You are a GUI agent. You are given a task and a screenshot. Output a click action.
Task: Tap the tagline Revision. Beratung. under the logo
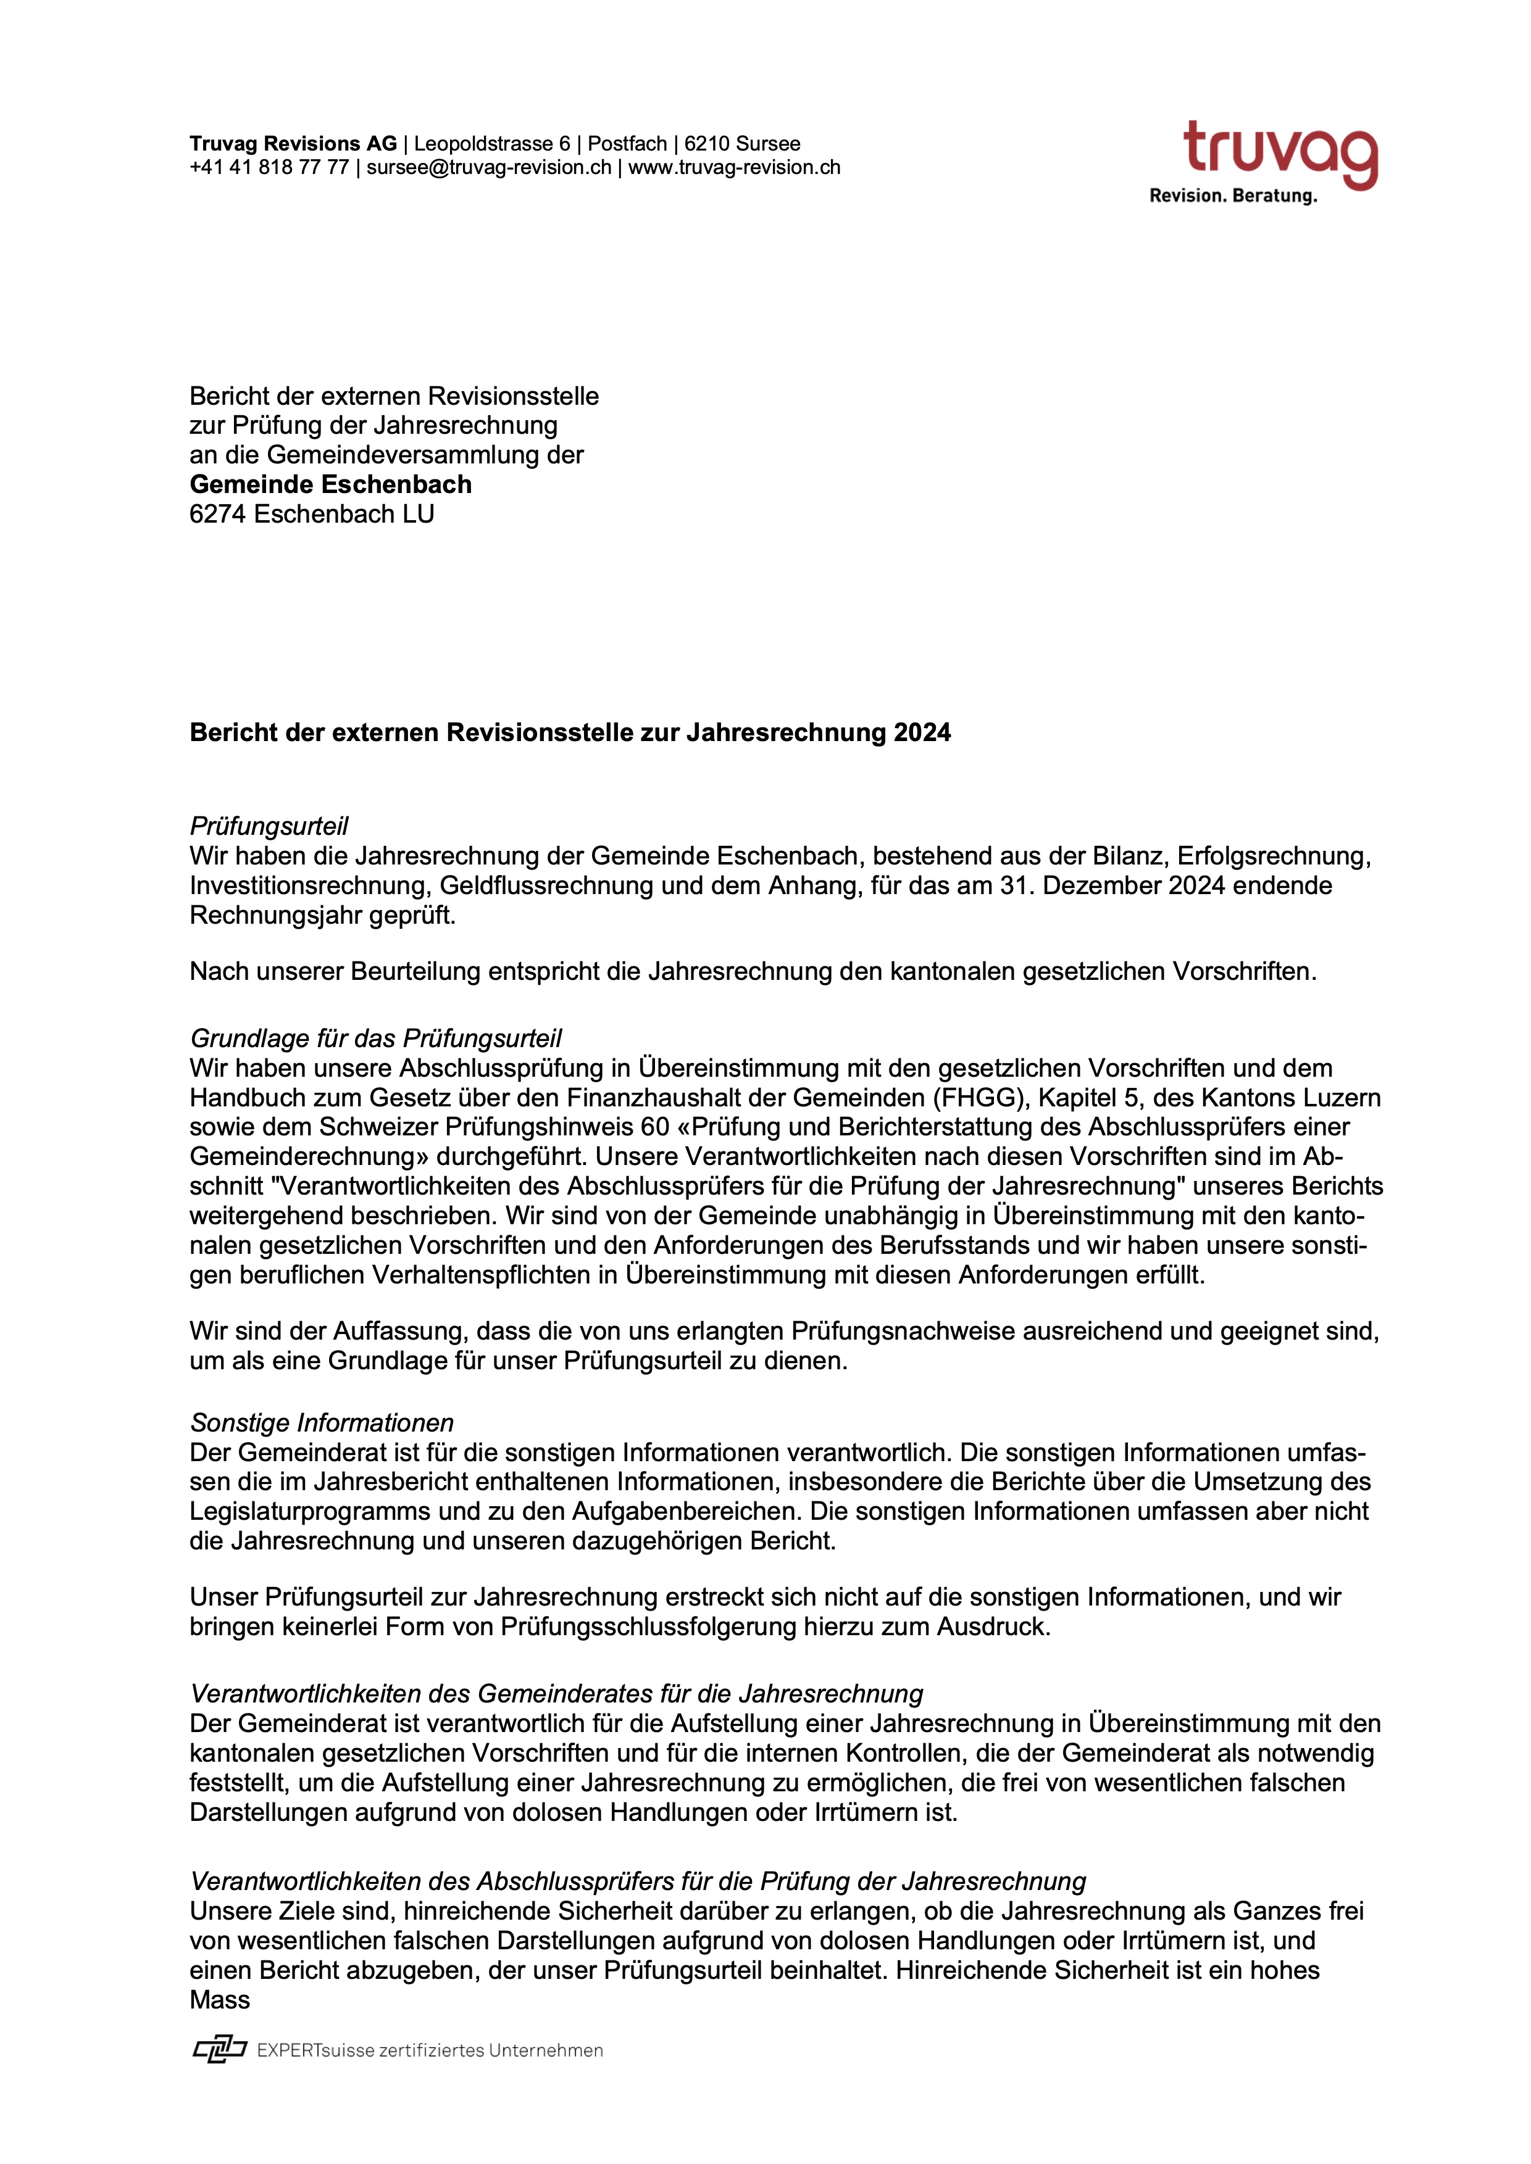(1232, 196)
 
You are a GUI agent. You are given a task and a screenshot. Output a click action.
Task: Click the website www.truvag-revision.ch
(735, 168)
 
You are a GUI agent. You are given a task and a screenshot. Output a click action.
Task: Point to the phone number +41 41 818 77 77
(269, 168)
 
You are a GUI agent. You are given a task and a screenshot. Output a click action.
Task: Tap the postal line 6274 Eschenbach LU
(311, 515)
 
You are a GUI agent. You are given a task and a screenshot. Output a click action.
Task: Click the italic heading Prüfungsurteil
(269, 827)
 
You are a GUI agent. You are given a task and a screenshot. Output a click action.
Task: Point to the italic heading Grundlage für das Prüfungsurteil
(375, 1038)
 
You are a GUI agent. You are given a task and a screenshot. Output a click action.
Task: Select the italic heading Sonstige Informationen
(322, 1423)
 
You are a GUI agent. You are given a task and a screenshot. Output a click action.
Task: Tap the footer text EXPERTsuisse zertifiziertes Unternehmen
(429, 2051)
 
